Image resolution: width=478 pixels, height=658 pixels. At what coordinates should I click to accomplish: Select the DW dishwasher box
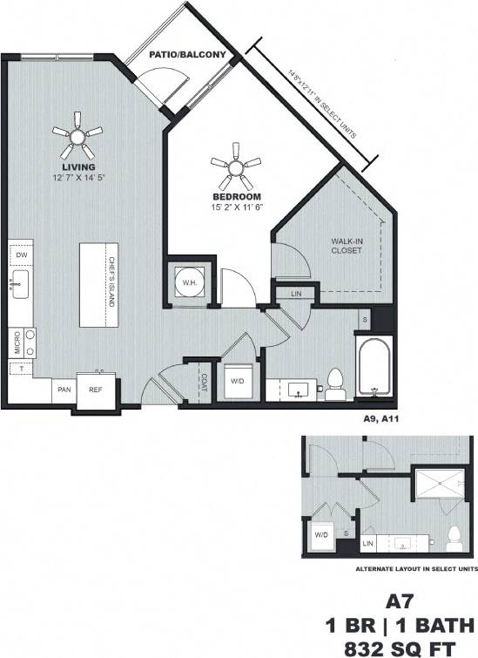click(22, 254)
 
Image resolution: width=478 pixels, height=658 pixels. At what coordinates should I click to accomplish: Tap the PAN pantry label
click(64, 390)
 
